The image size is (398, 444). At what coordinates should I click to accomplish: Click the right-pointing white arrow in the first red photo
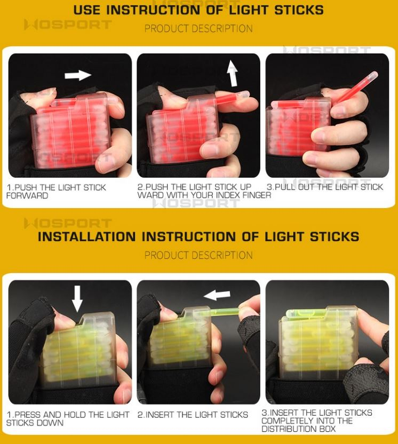click(78, 75)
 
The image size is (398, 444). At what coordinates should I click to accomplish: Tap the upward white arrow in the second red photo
click(233, 73)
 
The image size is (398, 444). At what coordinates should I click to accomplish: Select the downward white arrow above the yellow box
click(77, 298)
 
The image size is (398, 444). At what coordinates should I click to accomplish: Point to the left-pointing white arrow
click(217, 295)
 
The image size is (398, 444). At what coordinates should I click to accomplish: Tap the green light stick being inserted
click(224, 312)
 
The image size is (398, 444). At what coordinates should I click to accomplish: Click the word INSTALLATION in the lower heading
click(87, 237)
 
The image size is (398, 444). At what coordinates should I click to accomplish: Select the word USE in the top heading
click(86, 10)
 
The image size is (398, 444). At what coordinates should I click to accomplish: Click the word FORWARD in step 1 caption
click(27, 196)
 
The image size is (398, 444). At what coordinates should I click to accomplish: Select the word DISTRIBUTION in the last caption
click(289, 429)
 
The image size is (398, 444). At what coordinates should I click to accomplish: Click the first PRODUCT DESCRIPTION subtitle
click(198, 29)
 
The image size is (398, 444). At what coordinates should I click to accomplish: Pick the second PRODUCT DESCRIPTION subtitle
click(198, 255)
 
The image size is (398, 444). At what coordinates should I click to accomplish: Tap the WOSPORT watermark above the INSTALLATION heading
click(68, 223)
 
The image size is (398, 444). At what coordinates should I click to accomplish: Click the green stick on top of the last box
click(307, 313)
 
